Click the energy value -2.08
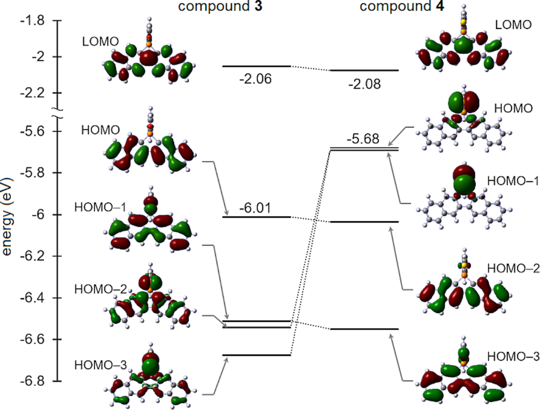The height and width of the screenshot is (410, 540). pyautogui.click(x=364, y=84)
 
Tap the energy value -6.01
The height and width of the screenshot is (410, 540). pyautogui.click(x=255, y=208)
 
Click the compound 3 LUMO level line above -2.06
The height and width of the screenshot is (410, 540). pyautogui.click(x=256, y=66)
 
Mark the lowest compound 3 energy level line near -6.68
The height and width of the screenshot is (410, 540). pyautogui.click(x=256, y=355)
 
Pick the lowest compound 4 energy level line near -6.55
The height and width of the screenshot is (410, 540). pyautogui.click(x=364, y=329)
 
